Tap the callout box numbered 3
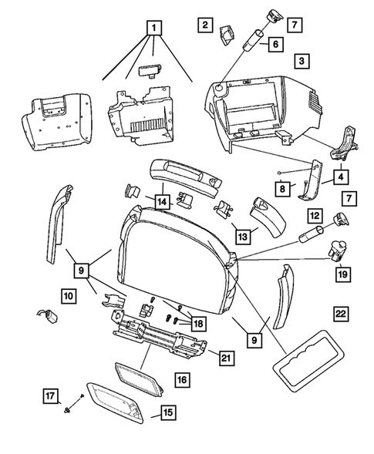(x=302, y=60)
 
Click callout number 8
(x=285, y=187)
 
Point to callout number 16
(x=181, y=379)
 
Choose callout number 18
(x=198, y=324)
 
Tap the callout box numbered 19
(x=340, y=272)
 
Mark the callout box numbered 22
(x=340, y=314)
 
